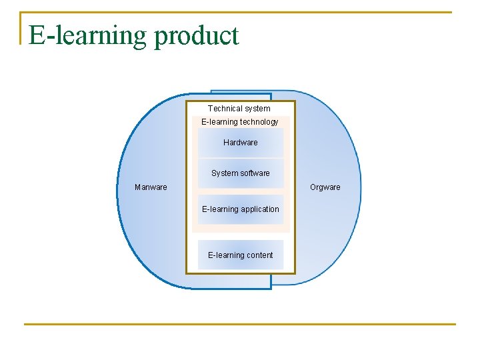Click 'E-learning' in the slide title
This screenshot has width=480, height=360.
click(89, 35)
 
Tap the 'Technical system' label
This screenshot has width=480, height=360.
click(239, 108)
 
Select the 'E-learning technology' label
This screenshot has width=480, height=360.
click(240, 122)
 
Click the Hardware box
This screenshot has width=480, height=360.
click(240, 143)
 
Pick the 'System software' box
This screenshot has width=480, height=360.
click(240, 173)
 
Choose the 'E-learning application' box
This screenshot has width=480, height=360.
click(240, 209)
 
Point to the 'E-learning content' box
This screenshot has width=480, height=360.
click(240, 255)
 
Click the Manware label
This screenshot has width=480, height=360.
click(151, 187)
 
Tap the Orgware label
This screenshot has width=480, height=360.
click(325, 187)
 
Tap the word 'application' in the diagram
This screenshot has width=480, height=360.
click(260, 209)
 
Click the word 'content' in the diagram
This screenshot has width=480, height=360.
click(259, 255)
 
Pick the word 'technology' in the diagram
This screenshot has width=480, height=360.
click(259, 122)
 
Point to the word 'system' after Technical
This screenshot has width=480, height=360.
click(257, 108)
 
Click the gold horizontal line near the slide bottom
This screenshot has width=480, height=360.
click(240, 325)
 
